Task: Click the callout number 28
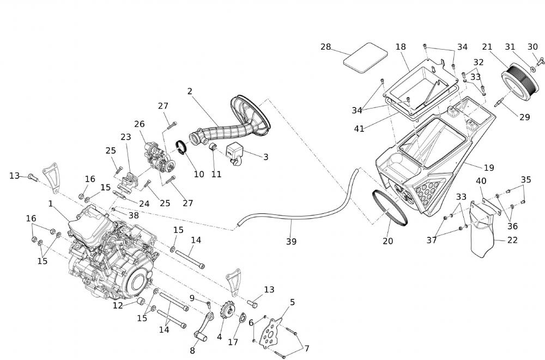point(326,47)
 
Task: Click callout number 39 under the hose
point(291,241)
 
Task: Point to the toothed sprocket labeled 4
point(223,313)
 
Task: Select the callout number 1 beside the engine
point(51,203)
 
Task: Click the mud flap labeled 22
point(483,235)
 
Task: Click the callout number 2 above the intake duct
point(190,91)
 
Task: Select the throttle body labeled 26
point(160,156)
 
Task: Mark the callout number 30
point(532,47)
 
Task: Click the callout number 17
point(233,343)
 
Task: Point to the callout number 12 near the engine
point(118,305)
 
